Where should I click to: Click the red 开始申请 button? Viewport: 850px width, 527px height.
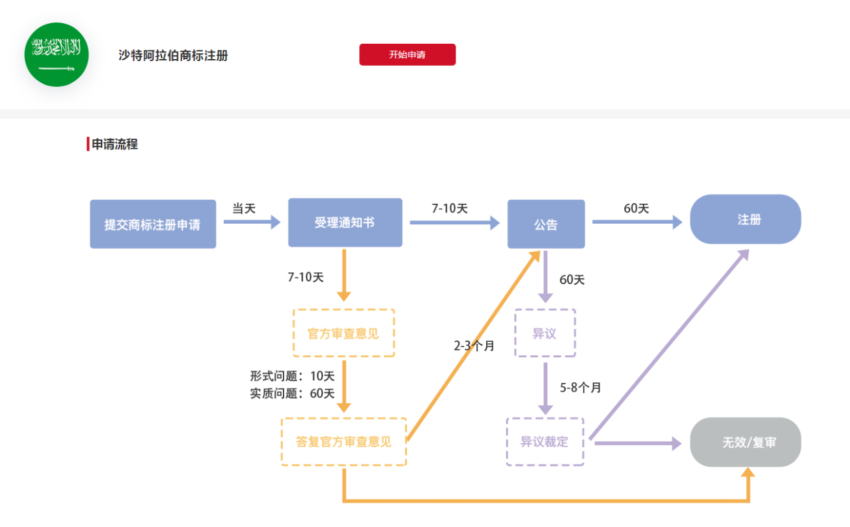(407, 54)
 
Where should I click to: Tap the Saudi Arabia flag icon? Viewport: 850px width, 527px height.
(56, 54)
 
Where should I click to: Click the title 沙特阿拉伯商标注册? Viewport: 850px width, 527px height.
(173, 56)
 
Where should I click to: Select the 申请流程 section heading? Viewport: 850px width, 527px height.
(114, 144)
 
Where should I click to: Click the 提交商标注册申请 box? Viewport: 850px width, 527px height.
(153, 224)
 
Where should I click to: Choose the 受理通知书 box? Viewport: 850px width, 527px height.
(345, 222)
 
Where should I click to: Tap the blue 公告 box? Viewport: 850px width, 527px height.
(546, 224)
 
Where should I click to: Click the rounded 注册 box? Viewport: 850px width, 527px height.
(745, 220)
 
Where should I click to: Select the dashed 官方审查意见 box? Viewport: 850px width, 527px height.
(343, 333)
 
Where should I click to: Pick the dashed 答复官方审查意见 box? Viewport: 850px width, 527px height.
(343, 441)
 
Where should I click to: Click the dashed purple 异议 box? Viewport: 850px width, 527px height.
(545, 333)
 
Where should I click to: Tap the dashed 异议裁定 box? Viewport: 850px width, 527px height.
(545, 441)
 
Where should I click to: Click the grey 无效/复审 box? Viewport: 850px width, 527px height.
(745, 442)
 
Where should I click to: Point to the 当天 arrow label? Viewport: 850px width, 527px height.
(244, 208)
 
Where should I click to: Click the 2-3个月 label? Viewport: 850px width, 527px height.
(474, 346)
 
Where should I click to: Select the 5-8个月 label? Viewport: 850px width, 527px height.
(580, 388)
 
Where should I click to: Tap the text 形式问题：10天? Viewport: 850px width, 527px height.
(292, 376)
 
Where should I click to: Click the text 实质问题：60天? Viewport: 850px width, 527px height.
(292, 394)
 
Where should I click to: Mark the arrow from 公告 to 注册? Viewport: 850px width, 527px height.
(637, 222)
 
